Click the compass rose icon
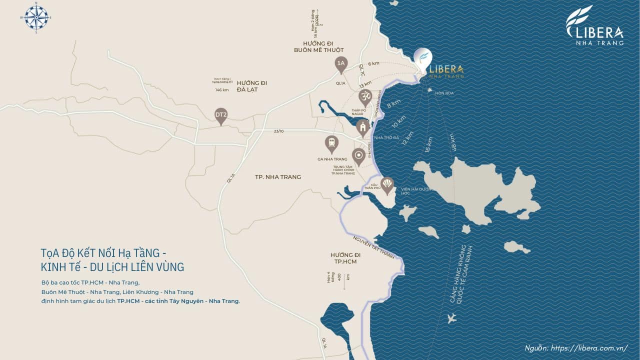point(36,17)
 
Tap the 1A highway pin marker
point(341,63)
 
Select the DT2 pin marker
point(221,115)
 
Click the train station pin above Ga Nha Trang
point(331,143)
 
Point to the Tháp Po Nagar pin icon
point(365,96)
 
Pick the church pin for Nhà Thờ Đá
point(363,127)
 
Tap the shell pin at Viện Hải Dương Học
point(387,184)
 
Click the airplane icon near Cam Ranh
point(452,318)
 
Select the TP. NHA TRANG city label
point(278,177)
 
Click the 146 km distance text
point(221,90)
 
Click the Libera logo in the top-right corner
point(594,25)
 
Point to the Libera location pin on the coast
point(423,59)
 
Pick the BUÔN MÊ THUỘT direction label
point(319,50)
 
